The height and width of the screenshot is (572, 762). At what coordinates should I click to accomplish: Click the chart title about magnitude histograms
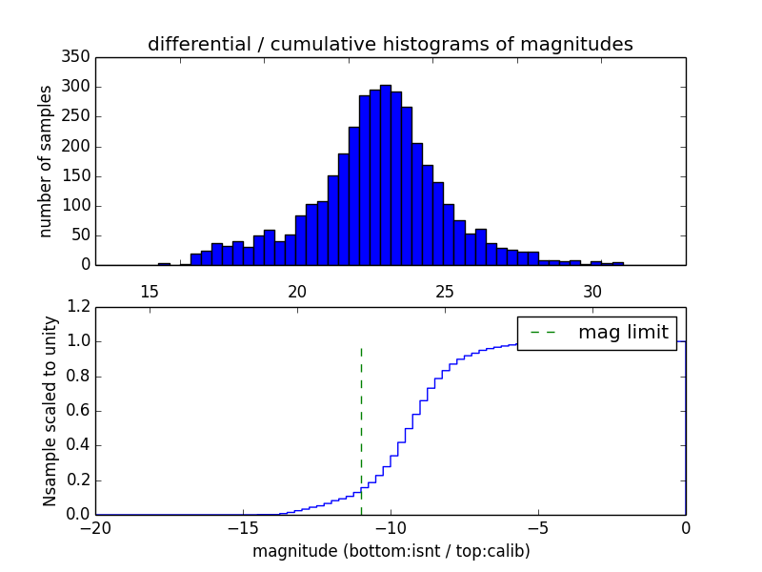pos(390,44)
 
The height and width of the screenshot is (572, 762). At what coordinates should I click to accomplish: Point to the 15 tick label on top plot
pos(150,291)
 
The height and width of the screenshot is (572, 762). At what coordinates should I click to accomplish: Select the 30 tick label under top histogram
pos(592,291)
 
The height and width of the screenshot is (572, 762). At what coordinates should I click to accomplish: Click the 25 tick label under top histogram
pos(445,291)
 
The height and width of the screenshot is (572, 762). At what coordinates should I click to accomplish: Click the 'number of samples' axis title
pos(46,161)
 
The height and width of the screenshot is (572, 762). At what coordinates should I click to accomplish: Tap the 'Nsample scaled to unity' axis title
pos(50,410)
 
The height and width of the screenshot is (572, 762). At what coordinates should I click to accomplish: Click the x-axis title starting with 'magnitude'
pos(391,551)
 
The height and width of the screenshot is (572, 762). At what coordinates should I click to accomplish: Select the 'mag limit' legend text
pos(623,333)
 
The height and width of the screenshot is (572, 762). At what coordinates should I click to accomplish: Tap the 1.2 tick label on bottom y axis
pos(77,307)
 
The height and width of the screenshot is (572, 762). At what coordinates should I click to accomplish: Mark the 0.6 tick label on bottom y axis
pos(77,411)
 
